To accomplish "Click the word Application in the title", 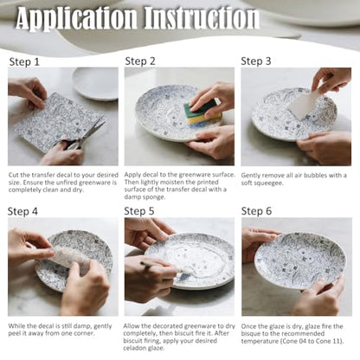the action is click(77, 19).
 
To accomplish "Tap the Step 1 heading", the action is click(24, 61).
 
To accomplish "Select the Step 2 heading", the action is click(140, 61).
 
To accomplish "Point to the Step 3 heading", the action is click(256, 61).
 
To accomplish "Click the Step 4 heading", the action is click(22, 211).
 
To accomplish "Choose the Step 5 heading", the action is click(139, 211).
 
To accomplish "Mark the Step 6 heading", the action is click(256, 211).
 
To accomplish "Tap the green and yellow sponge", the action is click(202, 112).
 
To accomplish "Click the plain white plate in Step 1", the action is click(95, 83).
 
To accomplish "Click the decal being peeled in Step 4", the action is click(69, 257).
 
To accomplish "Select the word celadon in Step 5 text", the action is click(135, 348).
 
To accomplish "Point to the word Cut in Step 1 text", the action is click(14, 175).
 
